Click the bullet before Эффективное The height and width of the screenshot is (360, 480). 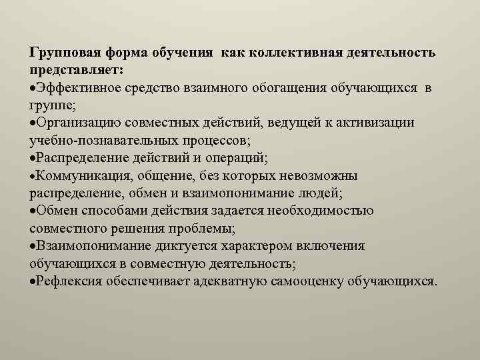coord(33,87)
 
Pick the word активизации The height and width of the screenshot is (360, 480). coord(377,122)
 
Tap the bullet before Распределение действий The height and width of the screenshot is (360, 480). coord(33,157)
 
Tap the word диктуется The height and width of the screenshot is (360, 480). coord(161,245)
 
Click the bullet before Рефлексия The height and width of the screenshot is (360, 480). coord(33,281)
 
